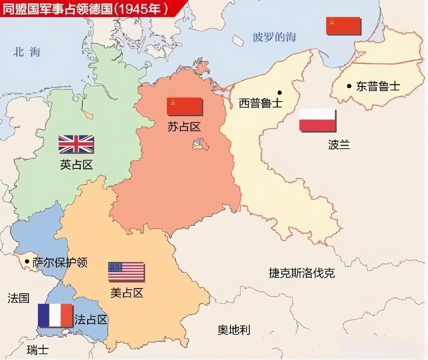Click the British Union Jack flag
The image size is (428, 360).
pyautogui.click(x=76, y=144)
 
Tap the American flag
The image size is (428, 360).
pyautogui.click(x=126, y=272)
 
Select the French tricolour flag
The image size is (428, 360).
pyautogui.click(x=55, y=315)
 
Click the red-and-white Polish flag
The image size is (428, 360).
pyautogui.click(x=317, y=120)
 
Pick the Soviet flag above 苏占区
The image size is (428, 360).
pyautogui.click(x=185, y=107)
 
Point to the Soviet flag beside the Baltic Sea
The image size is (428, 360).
pyautogui.click(x=343, y=26)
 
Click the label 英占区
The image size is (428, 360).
pyautogui.click(x=76, y=165)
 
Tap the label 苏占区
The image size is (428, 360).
pyautogui.click(x=184, y=127)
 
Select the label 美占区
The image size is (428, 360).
pyautogui.click(x=126, y=292)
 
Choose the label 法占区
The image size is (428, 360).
pyautogui.click(x=91, y=320)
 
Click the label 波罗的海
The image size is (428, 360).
pyautogui.click(x=274, y=37)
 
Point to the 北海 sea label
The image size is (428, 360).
pyautogui.click(x=27, y=52)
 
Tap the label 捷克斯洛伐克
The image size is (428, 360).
pyautogui.click(x=302, y=273)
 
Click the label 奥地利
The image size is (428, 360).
pyautogui.click(x=234, y=330)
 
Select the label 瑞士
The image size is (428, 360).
pyautogui.click(x=38, y=349)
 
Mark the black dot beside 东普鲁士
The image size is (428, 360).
pyautogui.click(x=349, y=86)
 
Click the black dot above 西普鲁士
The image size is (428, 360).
pyautogui.click(x=280, y=93)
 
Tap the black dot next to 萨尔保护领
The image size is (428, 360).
pyautogui.click(x=27, y=261)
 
